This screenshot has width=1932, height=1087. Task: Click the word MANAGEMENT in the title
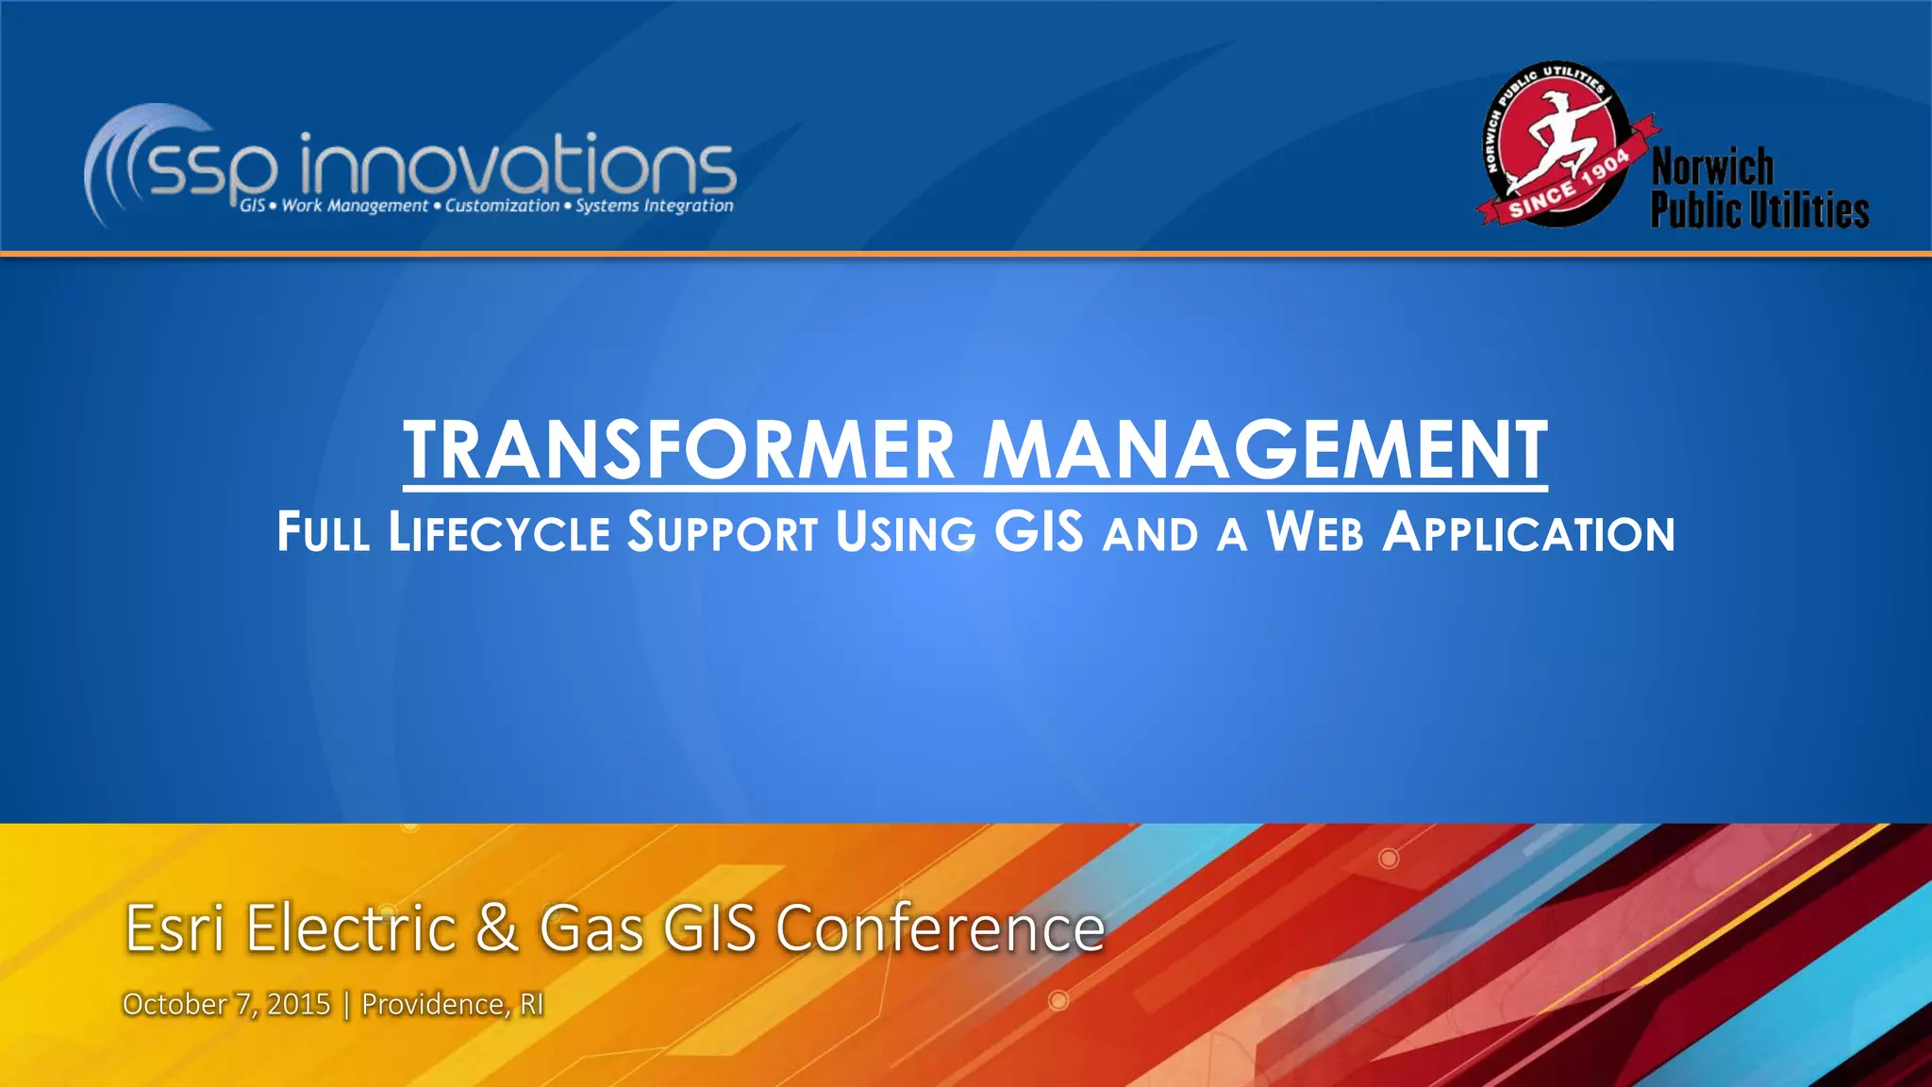[1264, 451]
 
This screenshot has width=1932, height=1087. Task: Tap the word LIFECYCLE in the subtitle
[499, 533]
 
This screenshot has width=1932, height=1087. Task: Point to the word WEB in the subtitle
[1315, 533]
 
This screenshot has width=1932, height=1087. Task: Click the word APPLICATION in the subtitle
[1528, 533]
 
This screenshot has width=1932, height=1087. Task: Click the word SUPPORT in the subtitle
[723, 533]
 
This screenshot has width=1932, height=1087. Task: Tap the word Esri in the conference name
[175, 928]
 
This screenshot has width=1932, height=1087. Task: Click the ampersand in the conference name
[497, 928]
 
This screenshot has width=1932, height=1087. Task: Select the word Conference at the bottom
[940, 928]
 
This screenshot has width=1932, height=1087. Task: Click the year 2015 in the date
[298, 1004]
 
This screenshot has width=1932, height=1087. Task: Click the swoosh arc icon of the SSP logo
[123, 160]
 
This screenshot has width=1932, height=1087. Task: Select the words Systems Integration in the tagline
[654, 206]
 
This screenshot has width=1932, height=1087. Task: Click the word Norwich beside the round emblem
[1712, 168]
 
